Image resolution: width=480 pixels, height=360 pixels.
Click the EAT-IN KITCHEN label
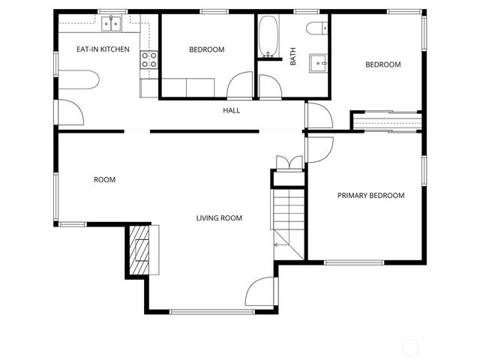(x=103, y=49)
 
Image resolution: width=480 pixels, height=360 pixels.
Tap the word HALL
(x=231, y=111)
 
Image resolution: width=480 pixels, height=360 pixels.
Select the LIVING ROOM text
(x=219, y=218)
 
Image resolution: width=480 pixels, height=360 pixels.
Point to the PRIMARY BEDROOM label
(x=370, y=196)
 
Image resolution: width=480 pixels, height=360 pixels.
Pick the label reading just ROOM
(x=104, y=180)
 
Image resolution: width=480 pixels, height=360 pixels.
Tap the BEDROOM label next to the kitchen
(x=206, y=49)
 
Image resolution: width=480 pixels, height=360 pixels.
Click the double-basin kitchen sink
(x=112, y=24)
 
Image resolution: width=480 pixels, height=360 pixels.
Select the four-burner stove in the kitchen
(x=149, y=60)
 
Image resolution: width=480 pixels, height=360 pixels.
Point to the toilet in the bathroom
(x=315, y=28)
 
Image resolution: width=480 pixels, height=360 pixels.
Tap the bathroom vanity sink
(x=320, y=63)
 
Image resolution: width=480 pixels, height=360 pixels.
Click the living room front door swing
(x=262, y=291)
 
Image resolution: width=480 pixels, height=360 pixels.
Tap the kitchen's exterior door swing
(x=72, y=112)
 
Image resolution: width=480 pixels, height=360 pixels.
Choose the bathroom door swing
(x=270, y=87)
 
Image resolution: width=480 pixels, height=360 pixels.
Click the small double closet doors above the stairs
(x=289, y=163)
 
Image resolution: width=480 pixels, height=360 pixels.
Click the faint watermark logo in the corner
(x=411, y=346)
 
